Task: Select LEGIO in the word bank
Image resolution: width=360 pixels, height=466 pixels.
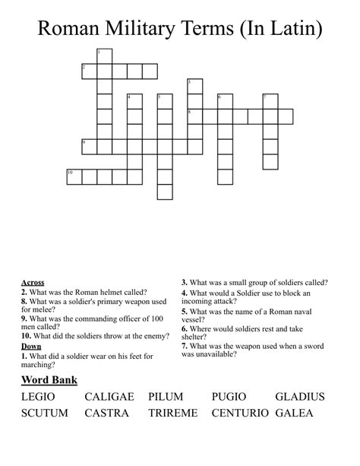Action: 39,396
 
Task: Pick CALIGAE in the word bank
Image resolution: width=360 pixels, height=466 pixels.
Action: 109,396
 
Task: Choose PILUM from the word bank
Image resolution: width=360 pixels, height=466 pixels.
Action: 166,396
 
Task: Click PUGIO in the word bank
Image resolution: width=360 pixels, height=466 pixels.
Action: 231,396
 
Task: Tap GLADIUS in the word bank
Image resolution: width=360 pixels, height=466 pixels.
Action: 300,396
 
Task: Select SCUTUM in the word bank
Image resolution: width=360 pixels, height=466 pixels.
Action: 45,413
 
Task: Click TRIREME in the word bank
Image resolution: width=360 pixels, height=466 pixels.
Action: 173,413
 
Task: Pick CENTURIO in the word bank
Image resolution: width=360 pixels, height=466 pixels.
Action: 241,413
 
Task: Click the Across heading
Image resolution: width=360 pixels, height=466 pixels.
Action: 33,283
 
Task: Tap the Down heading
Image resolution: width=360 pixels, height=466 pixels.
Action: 31,346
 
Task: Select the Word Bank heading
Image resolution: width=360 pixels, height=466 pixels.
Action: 49,379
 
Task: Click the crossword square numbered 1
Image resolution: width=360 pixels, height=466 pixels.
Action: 105,56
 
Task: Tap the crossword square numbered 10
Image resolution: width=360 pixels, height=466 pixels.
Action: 74,177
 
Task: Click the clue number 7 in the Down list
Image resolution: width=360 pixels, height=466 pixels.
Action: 184,345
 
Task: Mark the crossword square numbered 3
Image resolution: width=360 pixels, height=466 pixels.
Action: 195,86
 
